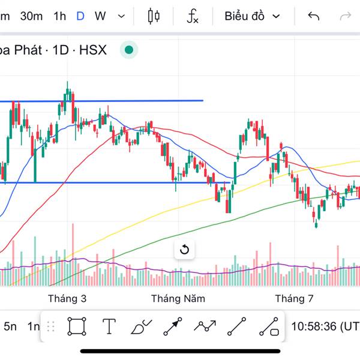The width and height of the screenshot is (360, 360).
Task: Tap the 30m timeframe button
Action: (x=31, y=16)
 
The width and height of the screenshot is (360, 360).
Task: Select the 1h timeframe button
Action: (x=59, y=16)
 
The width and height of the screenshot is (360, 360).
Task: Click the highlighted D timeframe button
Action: (x=80, y=16)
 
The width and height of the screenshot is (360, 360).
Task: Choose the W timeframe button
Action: (x=100, y=16)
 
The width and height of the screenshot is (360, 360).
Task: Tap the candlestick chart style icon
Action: (x=154, y=16)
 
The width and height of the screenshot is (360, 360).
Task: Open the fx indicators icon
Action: (x=193, y=16)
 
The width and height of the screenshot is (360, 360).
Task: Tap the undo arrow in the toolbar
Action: (x=313, y=16)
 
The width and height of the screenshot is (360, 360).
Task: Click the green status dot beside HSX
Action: (x=129, y=50)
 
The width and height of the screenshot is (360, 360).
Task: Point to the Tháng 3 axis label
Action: (x=67, y=298)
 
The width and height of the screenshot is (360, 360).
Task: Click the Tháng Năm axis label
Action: (x=178, y=298)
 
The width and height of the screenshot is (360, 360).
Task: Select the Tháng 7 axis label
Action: (x=294, y=298)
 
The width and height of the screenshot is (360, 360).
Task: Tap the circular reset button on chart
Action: (x=185, y=250)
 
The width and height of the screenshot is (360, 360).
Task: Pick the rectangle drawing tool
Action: (x=76, y=326)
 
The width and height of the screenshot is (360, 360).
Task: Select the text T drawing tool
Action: (x=109, y=326)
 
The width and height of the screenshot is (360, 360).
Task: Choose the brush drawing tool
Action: (x=141, y=326)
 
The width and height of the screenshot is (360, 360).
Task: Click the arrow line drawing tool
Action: (x=173, y=326)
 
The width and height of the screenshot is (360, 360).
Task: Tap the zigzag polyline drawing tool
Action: (x=205, y=326)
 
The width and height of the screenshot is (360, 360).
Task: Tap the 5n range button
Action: (x=10, y=327)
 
